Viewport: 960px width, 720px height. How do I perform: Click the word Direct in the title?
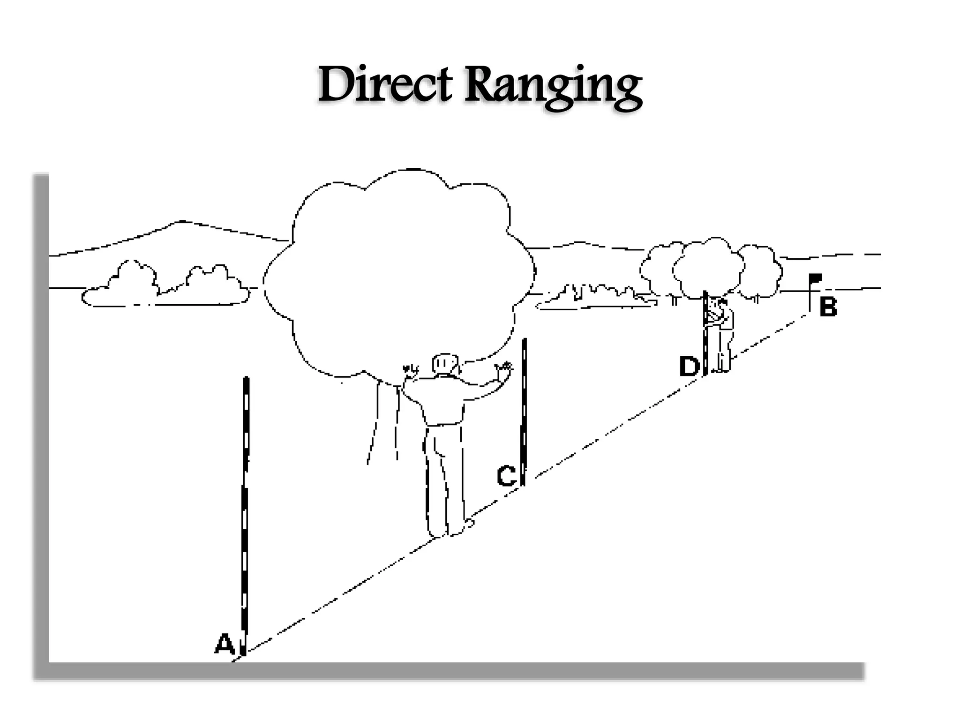pos(384,85)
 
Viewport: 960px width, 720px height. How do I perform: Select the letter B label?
pos(828,307)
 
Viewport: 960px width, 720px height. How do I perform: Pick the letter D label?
pos(689,367)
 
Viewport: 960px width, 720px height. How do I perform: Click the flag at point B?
pos(816,278)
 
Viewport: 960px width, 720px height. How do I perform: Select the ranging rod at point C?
pos(524,412)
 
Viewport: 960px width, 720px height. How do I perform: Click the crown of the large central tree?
pos(398,272)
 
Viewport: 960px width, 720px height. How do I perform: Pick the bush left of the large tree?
pos(164,286)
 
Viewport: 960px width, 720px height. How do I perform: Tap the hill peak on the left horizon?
pos(180,221)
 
